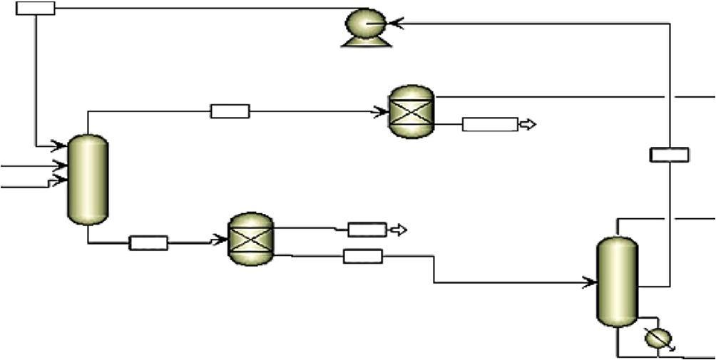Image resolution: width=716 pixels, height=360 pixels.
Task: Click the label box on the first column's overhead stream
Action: click(x=230, y=111)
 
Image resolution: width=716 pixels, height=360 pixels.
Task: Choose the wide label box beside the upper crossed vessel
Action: click(x=489, y=125)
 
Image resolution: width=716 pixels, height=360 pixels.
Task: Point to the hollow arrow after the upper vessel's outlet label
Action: click(x=527, y=125)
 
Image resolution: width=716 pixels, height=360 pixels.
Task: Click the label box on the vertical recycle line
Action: click(x=670, y=155)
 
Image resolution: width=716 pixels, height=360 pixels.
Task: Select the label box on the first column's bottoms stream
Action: click(x=148, y=243)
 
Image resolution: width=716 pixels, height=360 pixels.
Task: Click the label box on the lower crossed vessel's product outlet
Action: click(x=367, y=230)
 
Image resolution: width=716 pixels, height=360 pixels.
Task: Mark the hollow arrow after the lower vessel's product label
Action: click(x=399, y=230)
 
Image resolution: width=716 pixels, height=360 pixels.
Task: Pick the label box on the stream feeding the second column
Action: click(x=362, y=256)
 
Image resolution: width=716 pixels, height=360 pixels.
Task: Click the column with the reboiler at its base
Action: click(x=616, y=281)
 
